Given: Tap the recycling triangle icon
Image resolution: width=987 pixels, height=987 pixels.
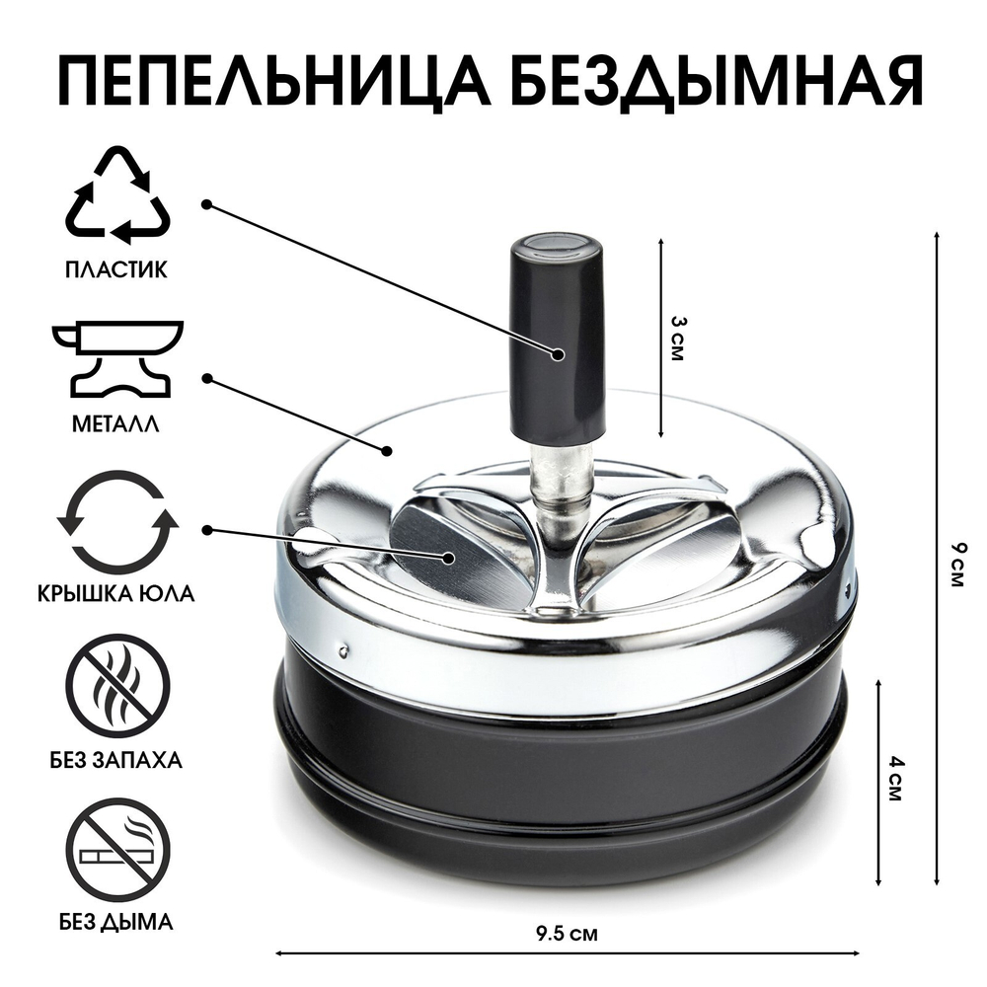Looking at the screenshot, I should (x=117, y=196).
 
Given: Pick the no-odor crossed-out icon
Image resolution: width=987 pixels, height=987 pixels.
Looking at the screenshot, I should (x=117, y=682).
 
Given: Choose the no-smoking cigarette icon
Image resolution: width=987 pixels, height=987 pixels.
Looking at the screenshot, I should (x=117, y=848).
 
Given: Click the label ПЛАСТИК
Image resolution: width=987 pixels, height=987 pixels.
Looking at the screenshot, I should (x=117, y=267).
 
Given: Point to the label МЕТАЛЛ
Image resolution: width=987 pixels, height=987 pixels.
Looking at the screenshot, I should (x=117, y=426).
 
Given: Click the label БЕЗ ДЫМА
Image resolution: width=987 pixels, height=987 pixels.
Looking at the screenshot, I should (x=117, y=923).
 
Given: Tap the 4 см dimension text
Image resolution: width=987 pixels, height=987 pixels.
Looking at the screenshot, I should (x=895, y=778).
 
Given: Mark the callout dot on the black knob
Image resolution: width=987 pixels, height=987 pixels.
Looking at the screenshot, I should (x=559, y=353).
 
